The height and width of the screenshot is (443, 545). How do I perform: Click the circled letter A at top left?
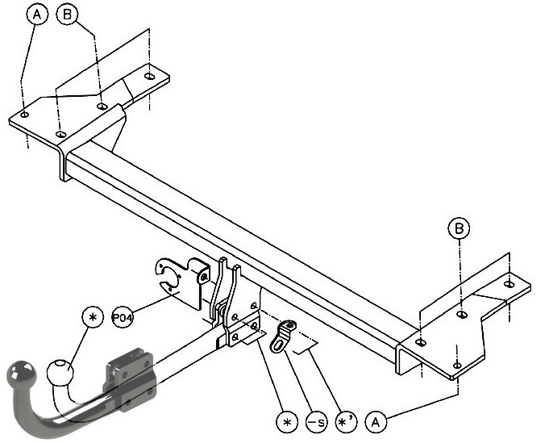click(37, 15)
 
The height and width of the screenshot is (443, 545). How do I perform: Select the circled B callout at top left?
click(67, 15)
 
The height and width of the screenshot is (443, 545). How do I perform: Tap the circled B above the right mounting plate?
click(459, 228)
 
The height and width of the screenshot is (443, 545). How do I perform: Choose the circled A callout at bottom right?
click(376, 422)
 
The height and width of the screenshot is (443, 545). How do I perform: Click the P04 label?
click(123, 317)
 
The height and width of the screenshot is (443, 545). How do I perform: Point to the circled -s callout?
click(316, 422)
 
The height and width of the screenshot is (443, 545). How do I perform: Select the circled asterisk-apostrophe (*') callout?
click(346, 422)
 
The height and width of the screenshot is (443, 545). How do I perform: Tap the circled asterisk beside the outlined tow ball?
click(93, 317)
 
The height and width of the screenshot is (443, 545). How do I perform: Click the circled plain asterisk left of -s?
click(287, 422)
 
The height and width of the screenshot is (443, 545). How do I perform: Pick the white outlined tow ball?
click(60, 372)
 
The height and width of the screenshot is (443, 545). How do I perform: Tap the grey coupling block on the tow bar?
click(129, 380)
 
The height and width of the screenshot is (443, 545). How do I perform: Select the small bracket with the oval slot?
click(282, 336)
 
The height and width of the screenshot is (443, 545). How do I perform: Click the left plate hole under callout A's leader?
click(24, 115)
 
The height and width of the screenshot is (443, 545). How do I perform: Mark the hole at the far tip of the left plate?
click(150, 76)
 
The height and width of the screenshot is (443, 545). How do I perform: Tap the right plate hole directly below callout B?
click(462, 315)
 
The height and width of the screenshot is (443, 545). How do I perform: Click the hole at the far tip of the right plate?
click(509, 284)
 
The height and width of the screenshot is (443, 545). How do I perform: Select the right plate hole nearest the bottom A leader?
click(457, 365)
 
